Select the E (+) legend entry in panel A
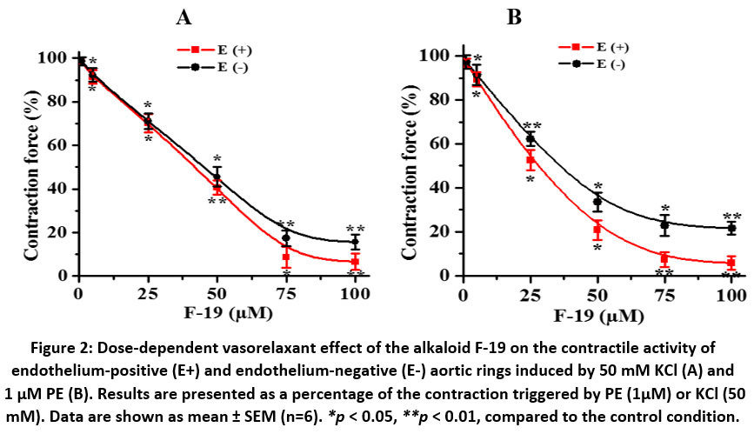(x=214, y=50)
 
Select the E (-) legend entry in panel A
(x=214, y=65)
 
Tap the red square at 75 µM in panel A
(x=285, y=257)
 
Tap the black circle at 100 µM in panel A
(x=355, y=242)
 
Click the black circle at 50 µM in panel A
(x=217, y=179)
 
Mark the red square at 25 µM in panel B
(x=530, y=160)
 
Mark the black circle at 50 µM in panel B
(x=597, y=202)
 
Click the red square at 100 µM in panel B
(x=731, y=263)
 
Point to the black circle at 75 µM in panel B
(x=664, y=224)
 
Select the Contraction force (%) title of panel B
(x=410, y=165)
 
